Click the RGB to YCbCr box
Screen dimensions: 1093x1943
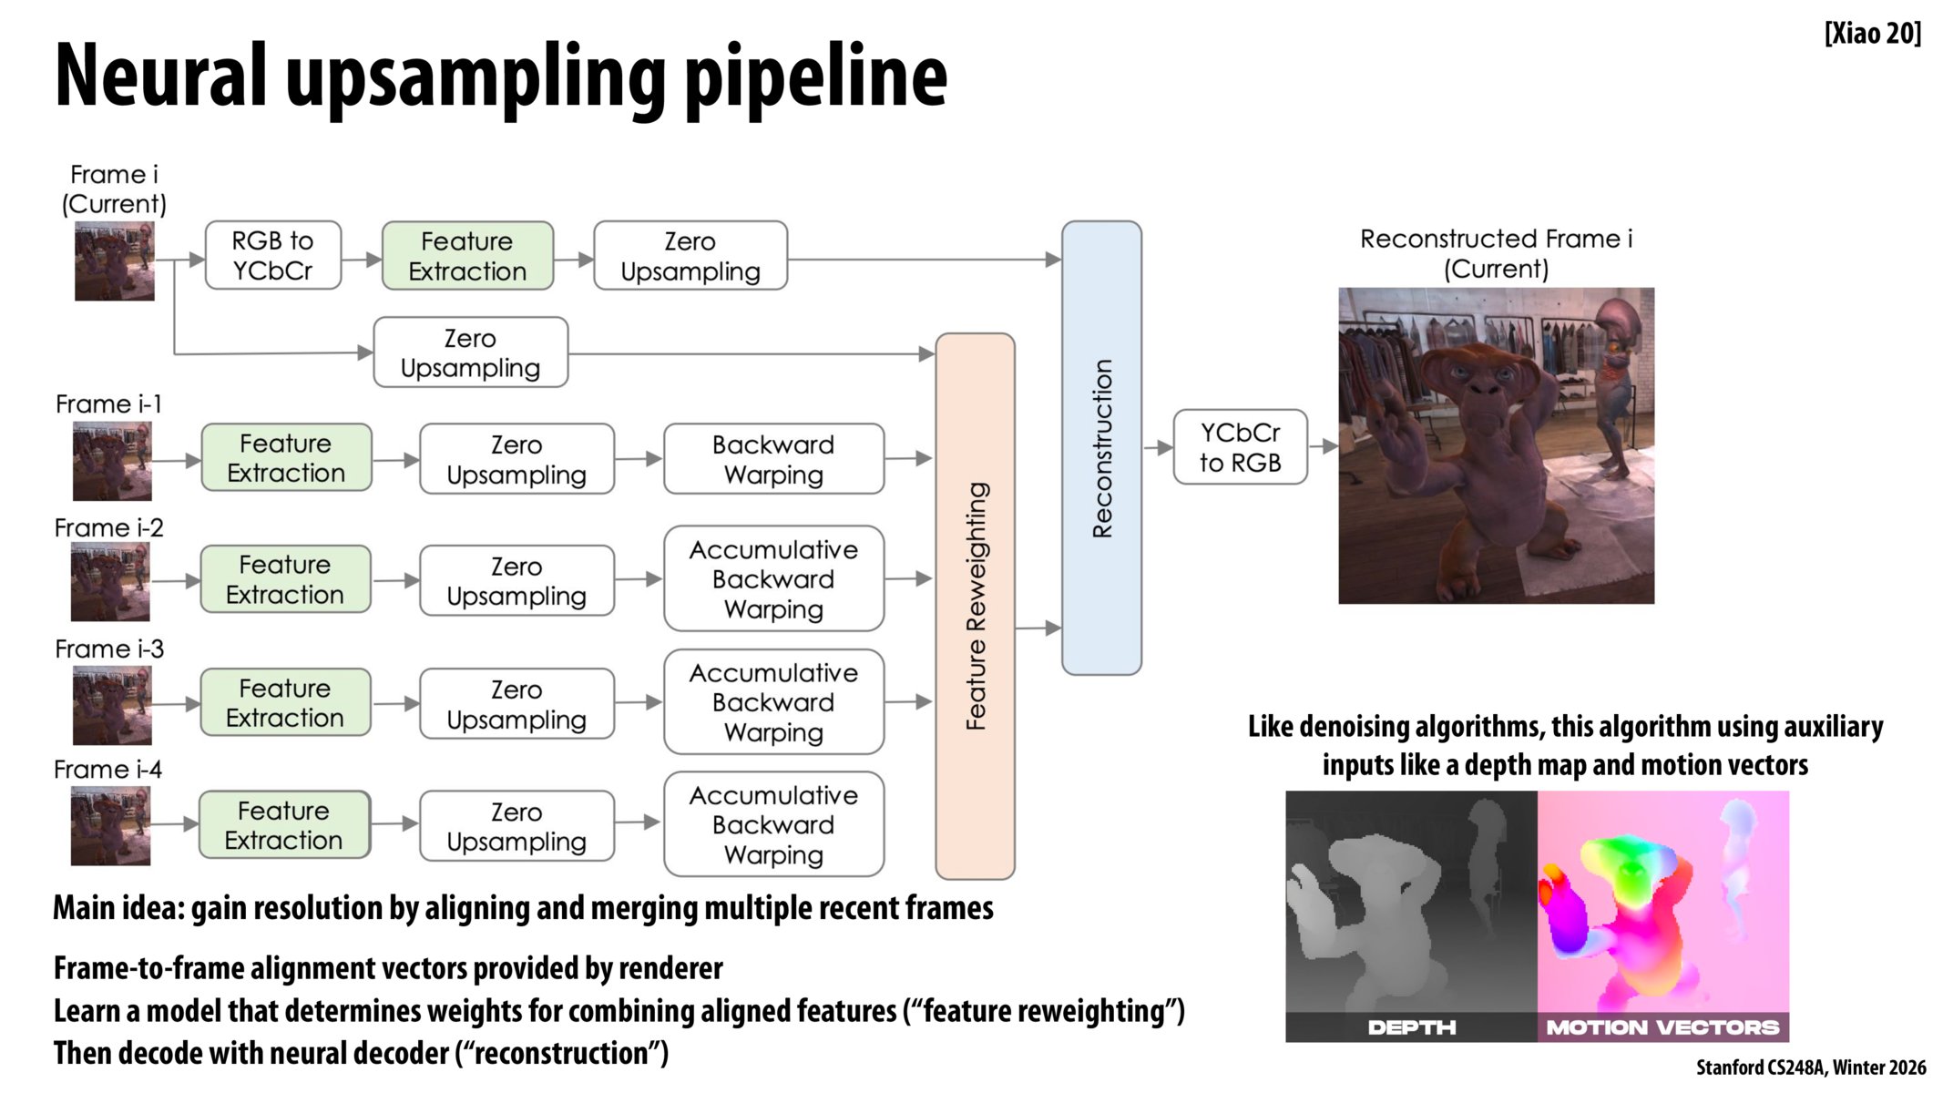(x=272, y=256)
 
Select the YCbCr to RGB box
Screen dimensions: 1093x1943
(x=1240, y=447)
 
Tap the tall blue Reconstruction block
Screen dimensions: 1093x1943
(x=1101, y=447)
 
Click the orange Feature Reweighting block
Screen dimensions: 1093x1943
(x=975, y=606)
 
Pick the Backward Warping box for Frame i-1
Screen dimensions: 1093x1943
(x=773, y=459)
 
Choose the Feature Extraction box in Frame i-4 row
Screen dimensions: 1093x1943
(x=284, y=825)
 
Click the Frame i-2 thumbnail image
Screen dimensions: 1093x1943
(x=110, y=581)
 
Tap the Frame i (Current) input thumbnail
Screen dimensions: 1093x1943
(x=115, y=261)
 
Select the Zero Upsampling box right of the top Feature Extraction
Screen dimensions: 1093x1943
(x=690, y=256)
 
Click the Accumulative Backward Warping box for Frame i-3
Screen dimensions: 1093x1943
(x=773, y=702)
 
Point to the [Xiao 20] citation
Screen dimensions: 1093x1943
(x=1872, y=34)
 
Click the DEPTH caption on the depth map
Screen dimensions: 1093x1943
(x=1411, y=1027)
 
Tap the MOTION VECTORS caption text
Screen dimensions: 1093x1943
(x=1662, y=1027)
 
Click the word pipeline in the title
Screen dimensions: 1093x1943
(x=815, y=77)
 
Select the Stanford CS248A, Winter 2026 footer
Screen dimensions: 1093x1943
(x=1810, y=1067)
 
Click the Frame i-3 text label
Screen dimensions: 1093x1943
(x=109, y=649)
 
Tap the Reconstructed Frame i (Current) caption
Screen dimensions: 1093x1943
(x=1496, y=253)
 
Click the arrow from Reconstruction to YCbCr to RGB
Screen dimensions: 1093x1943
(x=1158, y=447)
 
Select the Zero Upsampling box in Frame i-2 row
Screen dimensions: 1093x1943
(x=516, y=581)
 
